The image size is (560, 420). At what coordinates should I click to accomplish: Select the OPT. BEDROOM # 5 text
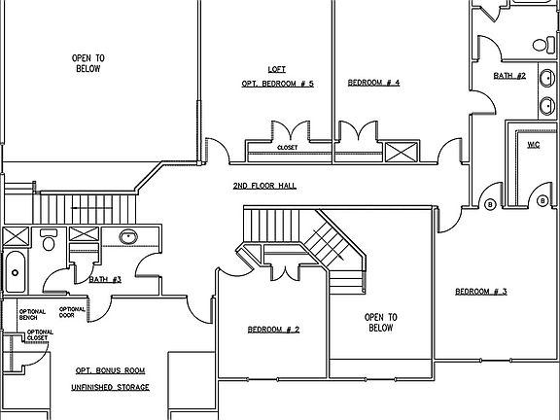tap(277, 84)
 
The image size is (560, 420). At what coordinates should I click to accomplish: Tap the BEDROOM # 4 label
tap(373, 84)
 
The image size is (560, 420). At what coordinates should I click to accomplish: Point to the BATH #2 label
tap(509, 76)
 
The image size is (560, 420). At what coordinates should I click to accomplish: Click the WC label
tap(533, 145)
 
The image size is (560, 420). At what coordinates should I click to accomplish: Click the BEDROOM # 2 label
tap(273, 331)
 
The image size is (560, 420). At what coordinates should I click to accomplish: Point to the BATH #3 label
tap(104, 280)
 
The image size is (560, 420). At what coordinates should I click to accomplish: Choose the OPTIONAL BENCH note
tap(32, 315)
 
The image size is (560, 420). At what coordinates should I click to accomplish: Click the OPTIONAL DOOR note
tap(73, 312)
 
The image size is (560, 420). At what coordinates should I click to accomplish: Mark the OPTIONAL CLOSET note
tap(40, 335)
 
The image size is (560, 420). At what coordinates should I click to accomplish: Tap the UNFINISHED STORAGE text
tap(112, 387)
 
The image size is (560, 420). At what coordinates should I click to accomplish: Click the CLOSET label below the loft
tap(287, 148)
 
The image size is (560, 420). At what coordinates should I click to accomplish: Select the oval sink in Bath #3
tap(127, 236)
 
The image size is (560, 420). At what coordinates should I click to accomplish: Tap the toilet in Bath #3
tap(48, 240)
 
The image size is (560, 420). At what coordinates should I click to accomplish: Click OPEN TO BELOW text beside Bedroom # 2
tap(380, 323)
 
